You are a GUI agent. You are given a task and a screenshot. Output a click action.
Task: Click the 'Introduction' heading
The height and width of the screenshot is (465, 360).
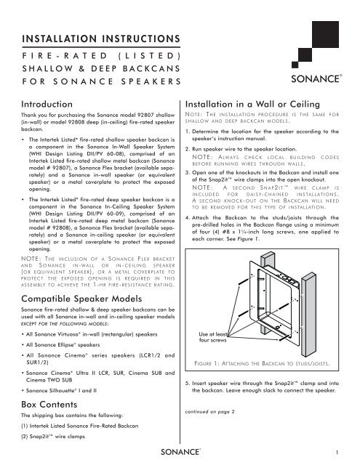coord(47,104)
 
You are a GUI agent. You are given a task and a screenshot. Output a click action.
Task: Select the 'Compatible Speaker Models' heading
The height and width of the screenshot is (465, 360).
coord(81,299)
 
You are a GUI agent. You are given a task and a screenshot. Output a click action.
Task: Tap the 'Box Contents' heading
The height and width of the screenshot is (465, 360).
coord(49,405)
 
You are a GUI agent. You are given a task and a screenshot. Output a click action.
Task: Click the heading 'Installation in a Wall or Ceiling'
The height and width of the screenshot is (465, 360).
coord(252,104)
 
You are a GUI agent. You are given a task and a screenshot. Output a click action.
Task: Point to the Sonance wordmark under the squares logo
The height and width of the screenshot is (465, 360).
coord(316,78)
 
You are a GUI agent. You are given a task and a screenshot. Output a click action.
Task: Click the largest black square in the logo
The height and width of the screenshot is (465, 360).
coord(325,34)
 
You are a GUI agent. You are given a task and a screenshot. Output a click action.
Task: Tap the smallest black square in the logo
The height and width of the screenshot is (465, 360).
coord(295,65)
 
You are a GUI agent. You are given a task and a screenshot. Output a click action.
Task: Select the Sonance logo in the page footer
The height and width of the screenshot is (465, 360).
coord(181,452)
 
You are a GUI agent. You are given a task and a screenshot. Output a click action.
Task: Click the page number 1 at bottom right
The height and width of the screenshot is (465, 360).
coord(337,452)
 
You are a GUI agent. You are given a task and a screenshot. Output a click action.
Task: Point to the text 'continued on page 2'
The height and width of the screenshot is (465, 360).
coord(210,412)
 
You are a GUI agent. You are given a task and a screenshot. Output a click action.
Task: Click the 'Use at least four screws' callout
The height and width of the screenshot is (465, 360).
coord(213,337)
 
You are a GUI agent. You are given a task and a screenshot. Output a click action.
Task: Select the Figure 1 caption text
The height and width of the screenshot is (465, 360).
coord(262,363)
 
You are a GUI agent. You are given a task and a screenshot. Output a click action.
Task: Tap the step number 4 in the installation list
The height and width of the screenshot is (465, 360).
coord(187,218)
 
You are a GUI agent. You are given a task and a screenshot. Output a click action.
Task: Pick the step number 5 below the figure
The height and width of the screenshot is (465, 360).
coord(187,383)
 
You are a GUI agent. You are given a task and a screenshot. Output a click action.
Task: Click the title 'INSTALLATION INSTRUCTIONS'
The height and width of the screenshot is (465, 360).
coord(101,39)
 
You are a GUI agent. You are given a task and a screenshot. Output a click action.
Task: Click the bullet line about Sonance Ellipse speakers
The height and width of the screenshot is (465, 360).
coord(61,345)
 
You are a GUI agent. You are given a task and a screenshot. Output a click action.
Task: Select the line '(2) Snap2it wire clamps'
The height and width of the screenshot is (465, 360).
coord(53,437)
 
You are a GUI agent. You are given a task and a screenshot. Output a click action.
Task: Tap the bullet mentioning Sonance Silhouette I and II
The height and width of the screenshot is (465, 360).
coord(59,391)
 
